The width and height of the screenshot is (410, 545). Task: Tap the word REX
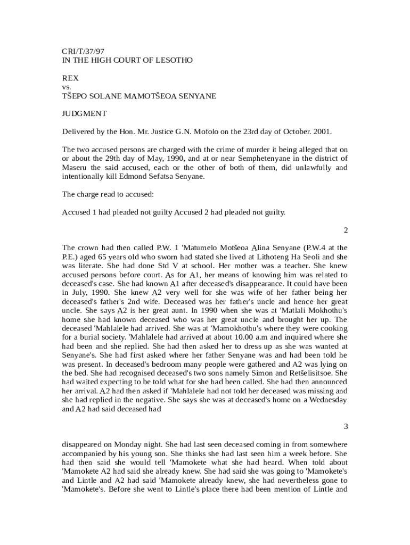70,78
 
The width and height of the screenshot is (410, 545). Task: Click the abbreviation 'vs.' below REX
67,87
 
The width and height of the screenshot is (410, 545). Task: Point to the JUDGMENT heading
85,113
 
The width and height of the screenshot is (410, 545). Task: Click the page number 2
346,230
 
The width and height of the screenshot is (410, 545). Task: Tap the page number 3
346,426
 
